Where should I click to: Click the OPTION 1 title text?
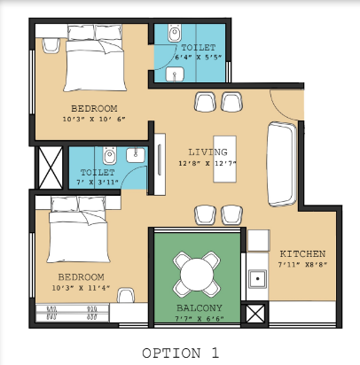180,353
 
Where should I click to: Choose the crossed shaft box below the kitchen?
255,313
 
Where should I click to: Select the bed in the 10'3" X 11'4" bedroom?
79,231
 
